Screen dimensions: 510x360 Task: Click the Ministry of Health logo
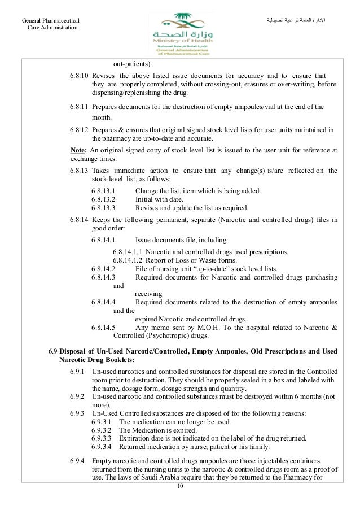pos(179,32)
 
